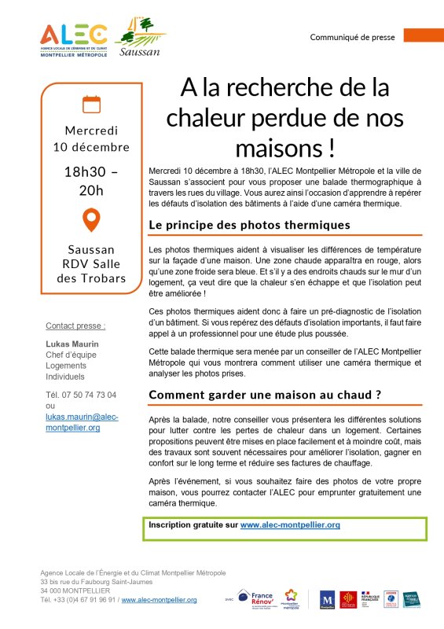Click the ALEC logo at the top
click(x=75, y=39)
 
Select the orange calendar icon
click(x=92, y=104)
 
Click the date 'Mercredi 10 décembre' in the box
click(x=91, y=138)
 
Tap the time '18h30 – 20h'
click(x=91, y=180)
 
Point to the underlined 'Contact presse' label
click(x=75, y=326)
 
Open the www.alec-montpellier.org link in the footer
click(x=159, y=599)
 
